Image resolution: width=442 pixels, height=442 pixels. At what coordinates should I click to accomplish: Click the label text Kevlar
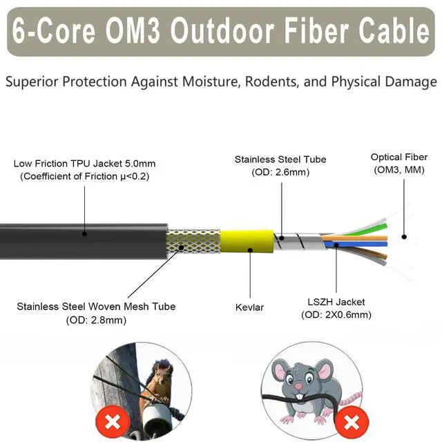point(249,307)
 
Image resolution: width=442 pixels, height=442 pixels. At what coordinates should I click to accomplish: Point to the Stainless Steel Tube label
point(280,160)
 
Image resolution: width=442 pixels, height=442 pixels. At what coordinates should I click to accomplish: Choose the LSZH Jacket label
point(336,302)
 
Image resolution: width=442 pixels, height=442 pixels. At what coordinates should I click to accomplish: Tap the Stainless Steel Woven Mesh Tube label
point(96,306)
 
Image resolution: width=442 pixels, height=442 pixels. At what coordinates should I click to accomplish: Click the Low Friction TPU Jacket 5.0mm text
point(84,164)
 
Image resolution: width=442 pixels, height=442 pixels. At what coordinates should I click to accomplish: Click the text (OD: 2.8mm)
point(96,320)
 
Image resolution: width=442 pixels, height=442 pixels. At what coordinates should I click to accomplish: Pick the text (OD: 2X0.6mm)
point(336,315)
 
